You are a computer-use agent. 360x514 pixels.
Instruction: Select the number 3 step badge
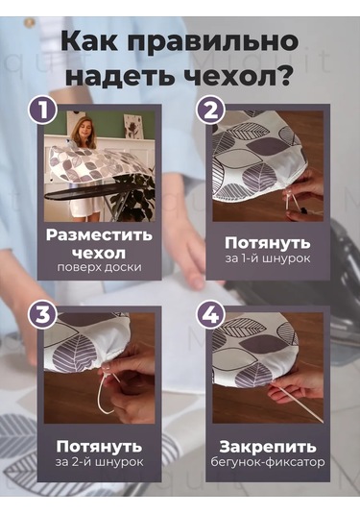pyautogui.click(x=40, y=313)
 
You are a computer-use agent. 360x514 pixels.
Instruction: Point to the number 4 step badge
pyautogui.click(x=212, y=313)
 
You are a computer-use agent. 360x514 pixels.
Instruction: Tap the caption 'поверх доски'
pyautogui.click(x=99, y=266)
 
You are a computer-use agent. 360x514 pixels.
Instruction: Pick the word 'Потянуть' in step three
pyautogui.click(x=99, y=447)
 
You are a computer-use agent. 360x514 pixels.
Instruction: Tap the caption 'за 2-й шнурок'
pyautogui.click(x=99, y=462)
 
